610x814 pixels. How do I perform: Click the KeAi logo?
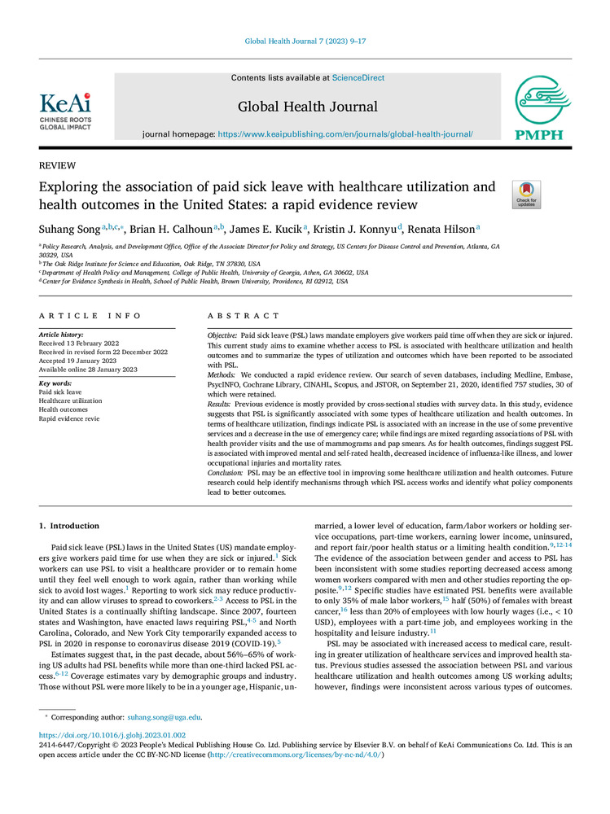coord(66,110)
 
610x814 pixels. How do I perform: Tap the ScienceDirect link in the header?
coord(359,77)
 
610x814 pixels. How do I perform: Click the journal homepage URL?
coord(344,133)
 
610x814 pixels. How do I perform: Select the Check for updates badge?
coord(526,195)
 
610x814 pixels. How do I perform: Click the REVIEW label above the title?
coord(58,165)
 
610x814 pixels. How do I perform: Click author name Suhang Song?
coord(72,230)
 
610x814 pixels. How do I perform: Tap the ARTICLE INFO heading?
coord(90,316)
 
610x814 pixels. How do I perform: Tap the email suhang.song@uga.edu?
coord(165,717)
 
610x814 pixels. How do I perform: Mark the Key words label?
coord(57,382)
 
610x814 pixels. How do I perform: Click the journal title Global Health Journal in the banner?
coord(308,106)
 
